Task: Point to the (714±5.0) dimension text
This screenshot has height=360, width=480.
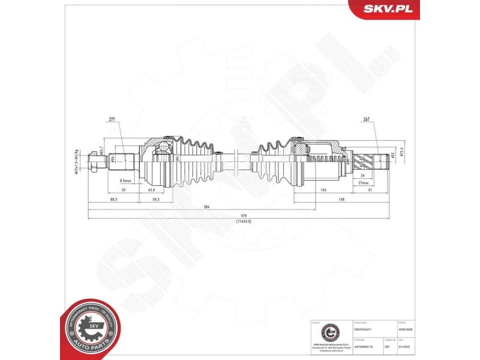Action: click(x=244, y=221)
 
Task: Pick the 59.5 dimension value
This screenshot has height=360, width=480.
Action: click(x=155, y=199)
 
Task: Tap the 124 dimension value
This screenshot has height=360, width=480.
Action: click(x=322, y=190)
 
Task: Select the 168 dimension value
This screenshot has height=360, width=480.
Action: click(x=341, y=199)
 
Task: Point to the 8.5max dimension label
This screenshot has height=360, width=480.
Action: click(x=126, y=181)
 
